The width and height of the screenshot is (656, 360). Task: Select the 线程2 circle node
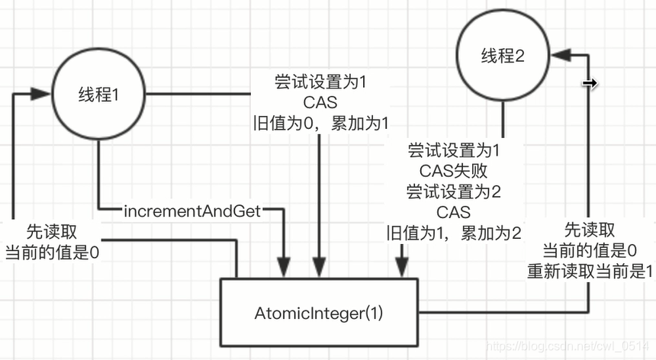coord(503,56)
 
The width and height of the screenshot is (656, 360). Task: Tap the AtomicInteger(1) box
coord(320,313)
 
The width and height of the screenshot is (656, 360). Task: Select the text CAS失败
coord(454,169)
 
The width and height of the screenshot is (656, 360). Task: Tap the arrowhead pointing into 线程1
coord(41,94)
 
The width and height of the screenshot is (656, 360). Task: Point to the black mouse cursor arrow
coord(589,83)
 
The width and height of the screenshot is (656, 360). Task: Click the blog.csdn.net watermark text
coord(568,348)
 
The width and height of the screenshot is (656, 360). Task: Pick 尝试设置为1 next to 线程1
coord(320,80)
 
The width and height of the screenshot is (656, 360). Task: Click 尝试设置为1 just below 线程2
coord(454,149)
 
